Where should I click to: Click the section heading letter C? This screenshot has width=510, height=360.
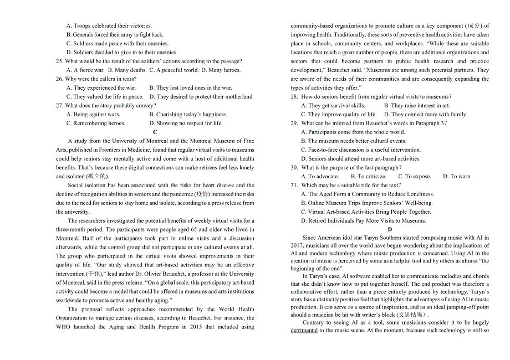pos(155,132)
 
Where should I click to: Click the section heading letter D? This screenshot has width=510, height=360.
pos(390,229)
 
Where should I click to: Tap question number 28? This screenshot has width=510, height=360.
pos(294,97)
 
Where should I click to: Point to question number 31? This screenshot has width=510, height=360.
pos(294,186)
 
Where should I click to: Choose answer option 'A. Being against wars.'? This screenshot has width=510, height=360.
pos(93,115)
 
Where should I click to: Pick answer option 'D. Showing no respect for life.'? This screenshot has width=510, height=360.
pos(186,124)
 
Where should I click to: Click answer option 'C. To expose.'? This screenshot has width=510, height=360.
pos(415,177)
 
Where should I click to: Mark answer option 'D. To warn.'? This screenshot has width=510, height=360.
pos(457,177)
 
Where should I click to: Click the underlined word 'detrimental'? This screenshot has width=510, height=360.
pos(304,331)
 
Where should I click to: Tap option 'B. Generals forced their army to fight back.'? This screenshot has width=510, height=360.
pos(115,35)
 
